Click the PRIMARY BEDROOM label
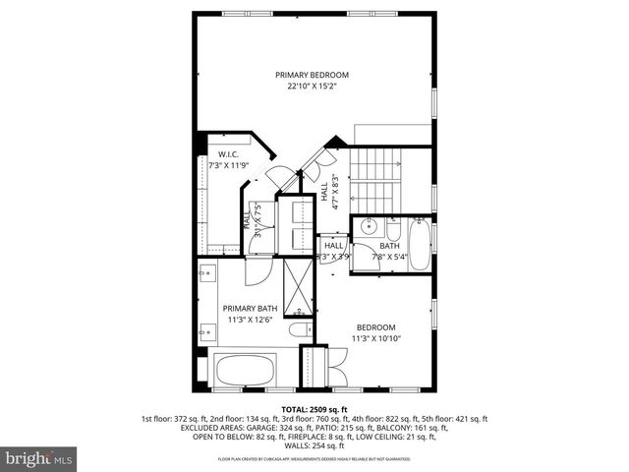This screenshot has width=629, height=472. [x=312, y=75]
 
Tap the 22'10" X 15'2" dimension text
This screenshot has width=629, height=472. [x=312, y=86]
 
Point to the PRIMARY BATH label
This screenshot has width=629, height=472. [x=250, y=308]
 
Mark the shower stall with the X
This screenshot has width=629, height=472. [x=294, y=283]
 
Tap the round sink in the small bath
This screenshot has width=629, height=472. [x=370, y=226]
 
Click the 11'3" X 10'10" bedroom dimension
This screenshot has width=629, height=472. [x=375, y=338]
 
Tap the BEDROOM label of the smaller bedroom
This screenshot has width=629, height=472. [x=375, y=327]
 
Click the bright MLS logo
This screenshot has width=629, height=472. [x=39, y=458]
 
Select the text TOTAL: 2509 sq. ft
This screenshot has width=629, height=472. [x=314, y=408]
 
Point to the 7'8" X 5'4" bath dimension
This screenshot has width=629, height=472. [x=390, y=258]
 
